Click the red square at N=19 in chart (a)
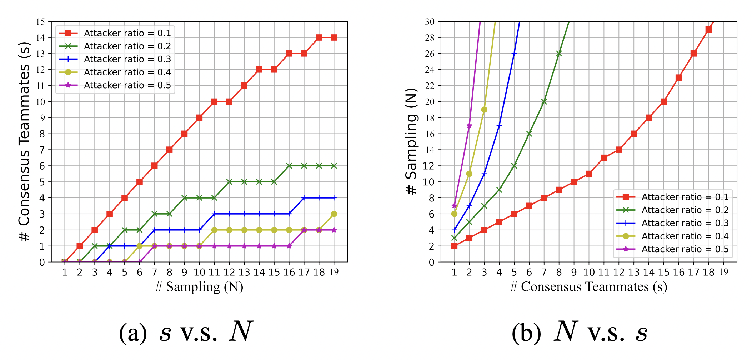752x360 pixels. click(x=334, y=37)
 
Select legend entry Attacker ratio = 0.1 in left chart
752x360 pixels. click(x=127, y=33)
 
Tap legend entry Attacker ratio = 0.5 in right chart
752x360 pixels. click(x=685, y=249)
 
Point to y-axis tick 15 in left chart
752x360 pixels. click(x=41, y=22)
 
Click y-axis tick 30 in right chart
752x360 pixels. click(x=430, y=22)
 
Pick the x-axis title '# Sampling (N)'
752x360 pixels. click(x=199, y=287)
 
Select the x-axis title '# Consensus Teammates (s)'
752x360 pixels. click(x=588, y=287)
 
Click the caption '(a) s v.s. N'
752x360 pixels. click(x=186, y=332)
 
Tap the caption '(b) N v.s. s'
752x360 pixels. click(x=579, y=332)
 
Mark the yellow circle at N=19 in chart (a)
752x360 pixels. click(x=334, y=214)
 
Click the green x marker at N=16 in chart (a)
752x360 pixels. click(x=289, y=166)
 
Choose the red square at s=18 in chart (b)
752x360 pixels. click(x=709, y=30)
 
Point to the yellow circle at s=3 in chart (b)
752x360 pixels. click(x=484, y=110)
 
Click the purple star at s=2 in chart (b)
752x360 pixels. click(x=469, y=126)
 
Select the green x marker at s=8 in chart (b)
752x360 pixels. click(x=559, y=54)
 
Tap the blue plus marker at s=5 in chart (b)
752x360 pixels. click(x=514, y=54)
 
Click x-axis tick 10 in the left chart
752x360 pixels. click(x=199, y=272)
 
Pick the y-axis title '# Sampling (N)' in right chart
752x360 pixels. click(x=411, y=141)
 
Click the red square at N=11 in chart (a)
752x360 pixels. click(x=214, y=102)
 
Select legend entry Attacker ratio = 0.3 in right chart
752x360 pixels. click(x=685, y=223)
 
